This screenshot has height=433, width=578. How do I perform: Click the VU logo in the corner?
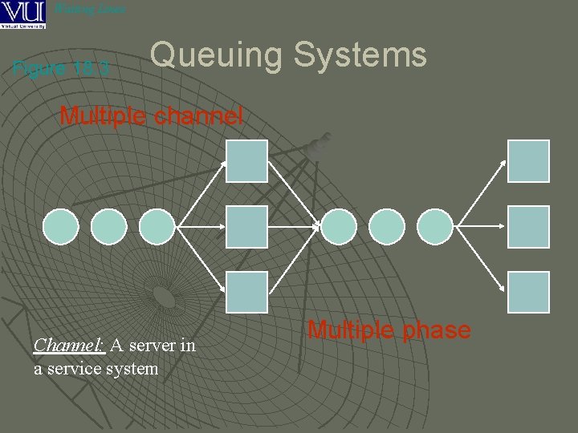point(23,14)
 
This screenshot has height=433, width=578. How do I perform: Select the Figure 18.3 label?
point(62,68)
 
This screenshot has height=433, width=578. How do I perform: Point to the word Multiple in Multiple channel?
point(103,116)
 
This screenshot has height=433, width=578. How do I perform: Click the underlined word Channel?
point(69,346)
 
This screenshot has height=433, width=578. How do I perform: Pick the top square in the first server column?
point(246,161)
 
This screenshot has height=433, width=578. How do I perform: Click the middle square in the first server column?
point(246,227)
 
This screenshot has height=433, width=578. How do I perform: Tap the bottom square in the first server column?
point(246,292)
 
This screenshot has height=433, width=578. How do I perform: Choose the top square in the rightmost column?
point(529,161)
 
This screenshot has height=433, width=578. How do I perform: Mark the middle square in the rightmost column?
point(529,227)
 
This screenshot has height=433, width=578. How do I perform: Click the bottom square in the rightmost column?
point(529,292)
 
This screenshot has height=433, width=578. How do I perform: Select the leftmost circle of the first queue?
point(60,227)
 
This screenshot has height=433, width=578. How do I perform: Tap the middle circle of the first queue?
point(108,227)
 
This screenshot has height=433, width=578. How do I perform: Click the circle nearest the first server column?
point(157,227)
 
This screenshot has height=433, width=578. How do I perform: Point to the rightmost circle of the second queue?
point(436,227)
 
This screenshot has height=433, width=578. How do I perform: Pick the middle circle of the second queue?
point(388,227)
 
